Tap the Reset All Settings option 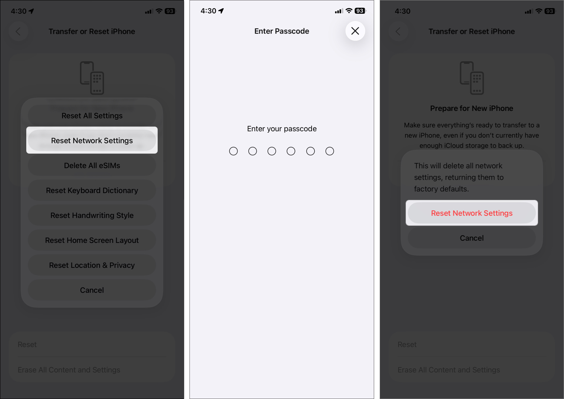[92, 116]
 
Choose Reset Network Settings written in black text [92, 141]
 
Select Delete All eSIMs [92, 165]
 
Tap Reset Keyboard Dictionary [92, 191]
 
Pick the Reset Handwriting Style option [92, 215]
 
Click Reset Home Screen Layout [92, 241]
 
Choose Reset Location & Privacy [92, 265]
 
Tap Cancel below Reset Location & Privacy [92, 290]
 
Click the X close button [355, 31]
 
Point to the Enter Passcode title [282, 31]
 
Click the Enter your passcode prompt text [282, 129]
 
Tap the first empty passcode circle [234, 151]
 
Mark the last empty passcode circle [330, 151]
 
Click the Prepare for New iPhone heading [471, 108]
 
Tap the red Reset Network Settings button [471, 213]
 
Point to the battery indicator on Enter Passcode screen [360, 11]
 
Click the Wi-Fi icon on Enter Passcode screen [349, 11]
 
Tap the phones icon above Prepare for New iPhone [471, 78]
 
